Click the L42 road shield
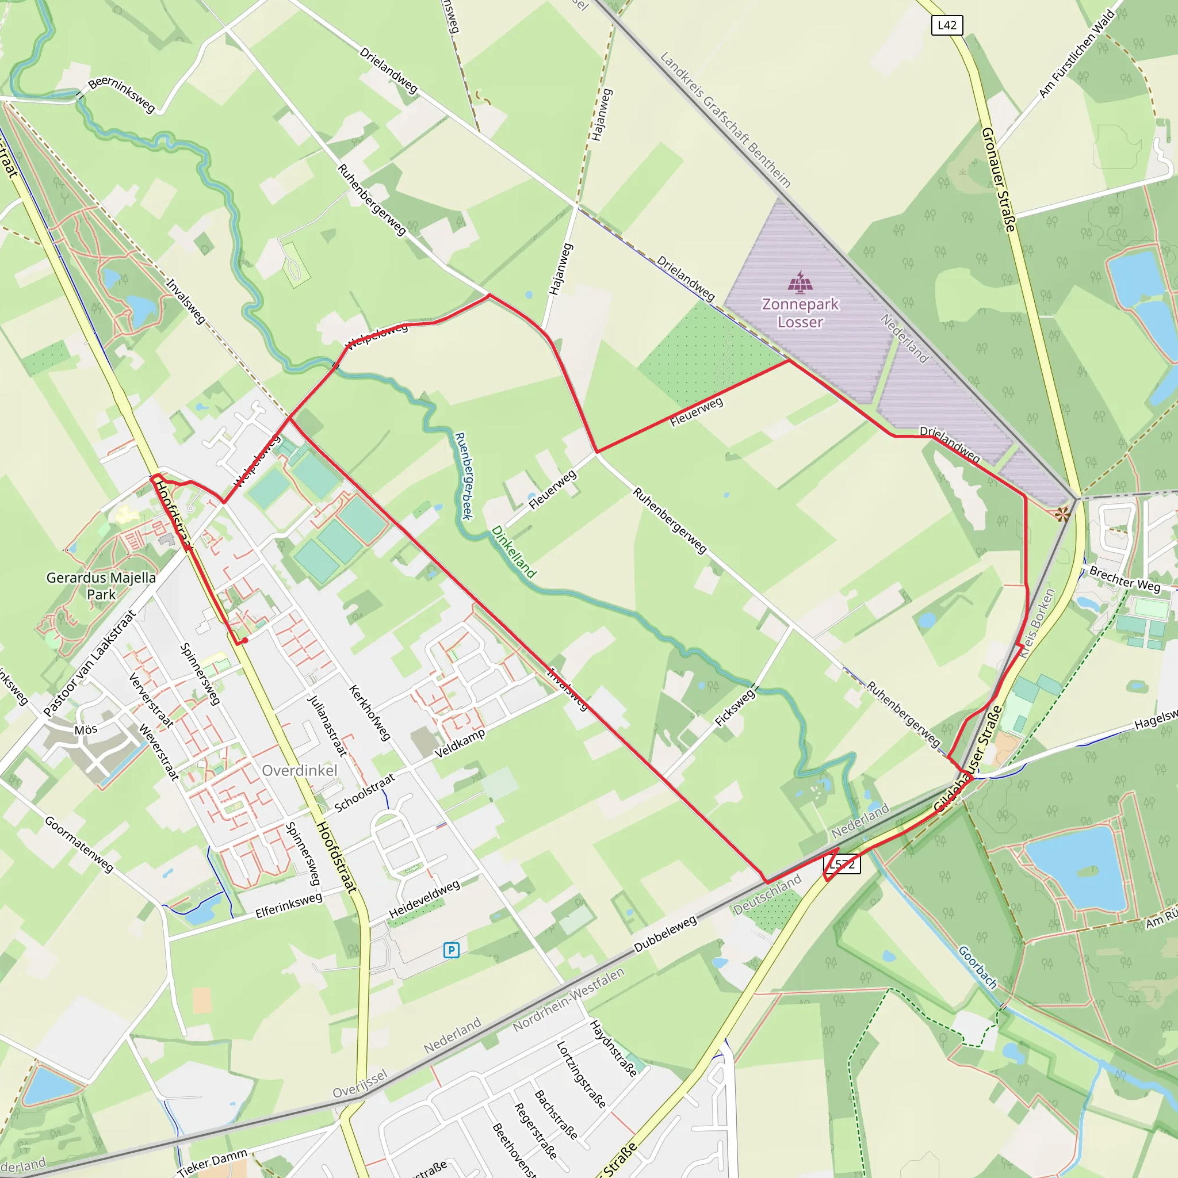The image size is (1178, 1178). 947,25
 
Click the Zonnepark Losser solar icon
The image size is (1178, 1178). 800,282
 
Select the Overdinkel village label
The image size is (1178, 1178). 299,771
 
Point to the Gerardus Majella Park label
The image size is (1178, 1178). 101,586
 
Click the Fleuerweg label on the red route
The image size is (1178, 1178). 697,412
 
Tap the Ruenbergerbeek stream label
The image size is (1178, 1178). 464,476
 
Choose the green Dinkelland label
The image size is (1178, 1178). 514,552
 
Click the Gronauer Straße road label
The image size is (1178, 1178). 998,179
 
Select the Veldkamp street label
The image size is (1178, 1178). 460,743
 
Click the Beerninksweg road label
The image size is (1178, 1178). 122,94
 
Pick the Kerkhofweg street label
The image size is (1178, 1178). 369,713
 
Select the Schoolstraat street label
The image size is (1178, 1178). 365,793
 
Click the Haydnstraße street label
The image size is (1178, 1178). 613,1048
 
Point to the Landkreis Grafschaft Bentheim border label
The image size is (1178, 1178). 725,120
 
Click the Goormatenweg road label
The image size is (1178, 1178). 79,844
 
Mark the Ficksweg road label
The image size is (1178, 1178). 735,707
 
